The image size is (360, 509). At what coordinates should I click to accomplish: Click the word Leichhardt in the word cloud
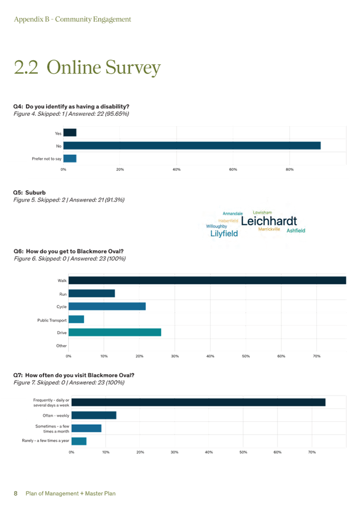coord(269,221)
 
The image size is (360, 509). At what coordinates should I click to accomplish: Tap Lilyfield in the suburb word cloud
coord(224,234)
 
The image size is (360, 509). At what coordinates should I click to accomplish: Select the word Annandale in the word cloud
coord(232,214)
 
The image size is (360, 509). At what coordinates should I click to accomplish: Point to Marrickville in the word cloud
coord(269,229)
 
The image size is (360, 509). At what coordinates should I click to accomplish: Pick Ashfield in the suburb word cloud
coord(296,230)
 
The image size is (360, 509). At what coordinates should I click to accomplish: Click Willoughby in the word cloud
coord(217,227)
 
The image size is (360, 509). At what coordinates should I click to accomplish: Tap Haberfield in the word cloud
coord(229,221)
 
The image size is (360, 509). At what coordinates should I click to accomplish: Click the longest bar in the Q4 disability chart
coord(191,146)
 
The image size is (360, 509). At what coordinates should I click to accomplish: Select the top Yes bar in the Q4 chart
coord(70,133)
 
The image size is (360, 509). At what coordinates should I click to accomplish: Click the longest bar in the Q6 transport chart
coord(207,280)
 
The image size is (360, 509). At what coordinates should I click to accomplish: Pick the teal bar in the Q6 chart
coord(115,332)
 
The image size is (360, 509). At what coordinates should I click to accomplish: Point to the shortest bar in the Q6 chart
coord(77,319)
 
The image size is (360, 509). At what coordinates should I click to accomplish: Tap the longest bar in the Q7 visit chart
coord(198,402)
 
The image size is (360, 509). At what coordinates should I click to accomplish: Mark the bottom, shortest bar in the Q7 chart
coord(79,441)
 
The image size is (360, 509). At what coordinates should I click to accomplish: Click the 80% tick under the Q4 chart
coord(289,170)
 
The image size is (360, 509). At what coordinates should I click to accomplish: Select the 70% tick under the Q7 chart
coord(311,452)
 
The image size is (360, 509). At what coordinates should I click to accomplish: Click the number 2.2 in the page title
coord(26,68)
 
